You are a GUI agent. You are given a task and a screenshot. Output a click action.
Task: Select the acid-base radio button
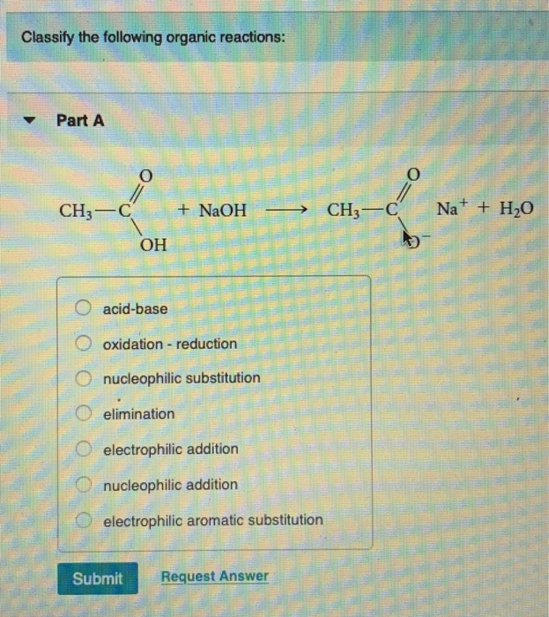(x=83, y=308)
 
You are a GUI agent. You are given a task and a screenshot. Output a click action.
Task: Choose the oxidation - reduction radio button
(x=83, y=343)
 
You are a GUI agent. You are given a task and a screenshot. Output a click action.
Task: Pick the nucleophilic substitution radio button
(x=83, y=378)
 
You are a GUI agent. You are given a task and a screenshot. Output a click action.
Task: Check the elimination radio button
(x=83, y=413)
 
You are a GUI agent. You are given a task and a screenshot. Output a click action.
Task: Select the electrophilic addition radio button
(x=83, y=449)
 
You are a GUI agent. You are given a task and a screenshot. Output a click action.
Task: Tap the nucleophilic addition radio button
(x=83, y=484)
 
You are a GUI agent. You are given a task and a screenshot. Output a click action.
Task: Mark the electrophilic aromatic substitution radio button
(x=83, y=520)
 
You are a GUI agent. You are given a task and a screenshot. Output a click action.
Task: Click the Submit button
(x=97, y=578)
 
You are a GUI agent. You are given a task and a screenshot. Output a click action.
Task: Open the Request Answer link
(x=214, y=576)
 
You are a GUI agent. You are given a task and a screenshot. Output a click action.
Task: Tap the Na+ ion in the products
(x=452, y=210)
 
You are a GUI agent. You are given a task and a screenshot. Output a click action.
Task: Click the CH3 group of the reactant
(x=75, y=212)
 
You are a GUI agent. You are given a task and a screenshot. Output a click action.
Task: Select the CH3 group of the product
(x=345, y=212)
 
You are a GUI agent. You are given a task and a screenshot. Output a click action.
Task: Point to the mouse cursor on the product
(x=410, y=238)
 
